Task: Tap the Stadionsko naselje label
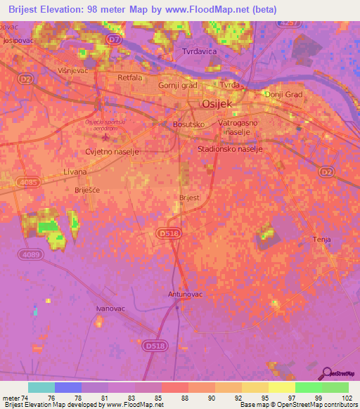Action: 230,149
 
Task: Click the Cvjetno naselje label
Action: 112,151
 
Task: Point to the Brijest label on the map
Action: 190,198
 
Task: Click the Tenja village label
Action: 321,240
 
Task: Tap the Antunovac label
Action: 185,294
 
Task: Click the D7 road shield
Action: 115,40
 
